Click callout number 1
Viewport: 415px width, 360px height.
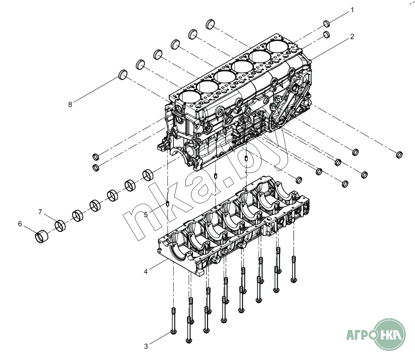352,10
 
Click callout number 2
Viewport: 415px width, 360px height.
352,36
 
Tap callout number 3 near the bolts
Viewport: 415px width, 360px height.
146,346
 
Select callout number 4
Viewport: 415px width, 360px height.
146,271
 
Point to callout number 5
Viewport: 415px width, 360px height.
146,215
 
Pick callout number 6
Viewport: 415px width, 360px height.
20,224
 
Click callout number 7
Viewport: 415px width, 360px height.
40,212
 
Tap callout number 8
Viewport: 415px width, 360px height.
70,105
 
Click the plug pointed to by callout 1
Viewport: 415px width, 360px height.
327,24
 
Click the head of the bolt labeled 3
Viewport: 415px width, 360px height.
174,332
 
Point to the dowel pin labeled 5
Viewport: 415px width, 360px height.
167,204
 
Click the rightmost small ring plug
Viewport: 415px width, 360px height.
399,155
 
